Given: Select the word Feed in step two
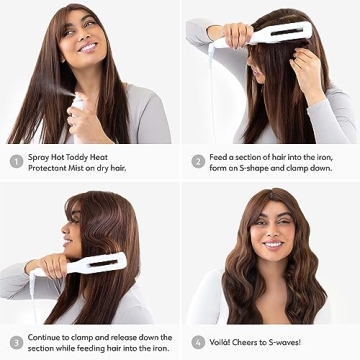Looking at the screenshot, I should pyautogui.click(x=221, y=156).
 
